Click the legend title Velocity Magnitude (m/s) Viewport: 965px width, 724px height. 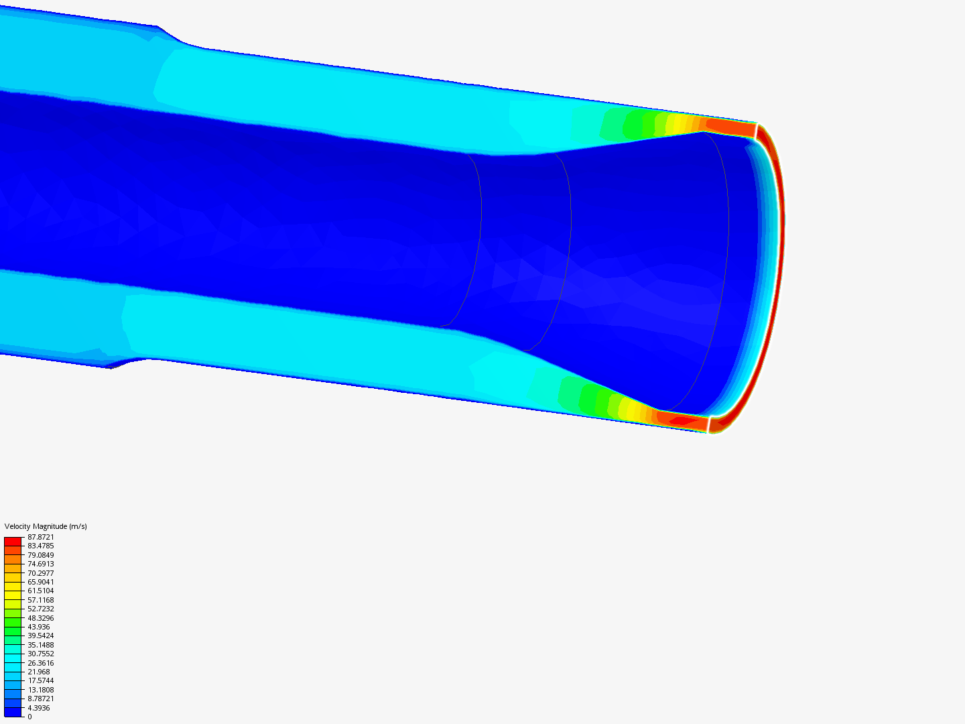pos(46,526)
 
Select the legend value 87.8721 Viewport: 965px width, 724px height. pos(40,537)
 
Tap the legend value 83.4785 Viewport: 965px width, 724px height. pos(40,546)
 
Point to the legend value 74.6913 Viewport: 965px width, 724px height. pos(40,564)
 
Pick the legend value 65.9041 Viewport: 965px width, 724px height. pos(40,582)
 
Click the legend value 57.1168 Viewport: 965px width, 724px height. pos(40,600)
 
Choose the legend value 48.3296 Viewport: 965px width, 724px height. pos(40,618)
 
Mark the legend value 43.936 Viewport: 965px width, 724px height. pos(39,627)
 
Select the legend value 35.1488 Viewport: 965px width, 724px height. pos(40,645)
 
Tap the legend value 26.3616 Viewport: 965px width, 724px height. pos(40,663)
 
